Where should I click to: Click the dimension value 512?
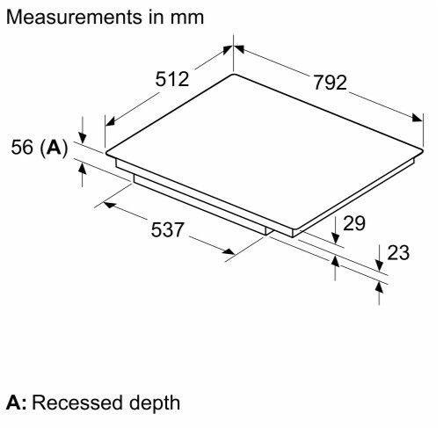point(172,79)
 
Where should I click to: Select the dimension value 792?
point(330,83)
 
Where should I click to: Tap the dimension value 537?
point(168,229)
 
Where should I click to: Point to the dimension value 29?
point(354,223)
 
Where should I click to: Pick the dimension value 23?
point(398,252)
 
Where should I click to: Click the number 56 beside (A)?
point(22,147)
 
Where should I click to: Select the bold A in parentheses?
point(54,147)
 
